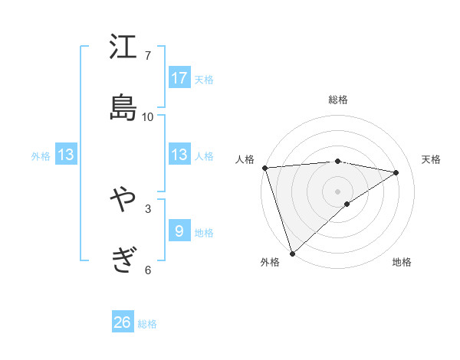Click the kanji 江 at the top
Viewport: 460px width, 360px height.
[x=123, y=48]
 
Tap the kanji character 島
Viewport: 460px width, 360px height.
[x=123, y=108]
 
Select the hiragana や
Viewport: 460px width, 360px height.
[x=123, y=201]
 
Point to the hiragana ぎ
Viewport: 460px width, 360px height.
[x=123, y=260]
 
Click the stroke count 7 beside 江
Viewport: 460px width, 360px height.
[x=148, y=56]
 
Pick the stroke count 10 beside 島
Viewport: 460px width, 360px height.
[x=148, y=116]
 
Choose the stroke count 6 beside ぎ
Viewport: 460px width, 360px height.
[x=148, y=269]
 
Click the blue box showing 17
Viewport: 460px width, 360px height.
[x=179, y=78]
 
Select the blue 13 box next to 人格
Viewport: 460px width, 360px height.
[x=179, y=155]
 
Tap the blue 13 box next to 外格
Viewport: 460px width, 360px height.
[x=66, y=155]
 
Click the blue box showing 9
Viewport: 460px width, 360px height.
[x=179, y=231]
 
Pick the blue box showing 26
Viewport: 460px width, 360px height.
[x=123, y=322]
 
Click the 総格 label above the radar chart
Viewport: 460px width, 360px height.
[x=338, y=100]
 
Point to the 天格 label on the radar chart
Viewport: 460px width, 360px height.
[x=432, y=159]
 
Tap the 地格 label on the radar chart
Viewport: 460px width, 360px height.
[x=402, y=262]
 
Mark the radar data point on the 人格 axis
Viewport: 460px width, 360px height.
[x=264, y=168]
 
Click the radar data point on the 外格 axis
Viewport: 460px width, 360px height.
[x=292, y=253]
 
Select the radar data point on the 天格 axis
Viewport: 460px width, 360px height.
[x=396, y=172]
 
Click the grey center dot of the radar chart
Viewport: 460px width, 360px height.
[x=337, y=191]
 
